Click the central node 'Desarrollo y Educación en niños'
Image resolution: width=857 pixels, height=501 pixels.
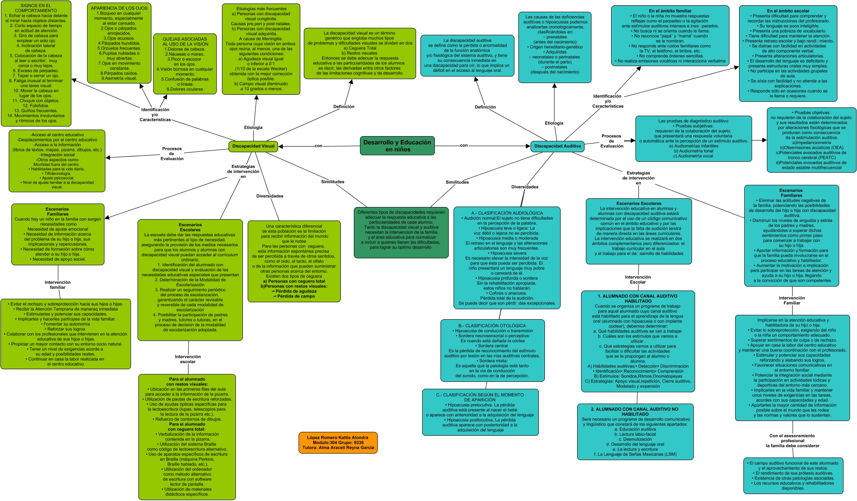point(397,146)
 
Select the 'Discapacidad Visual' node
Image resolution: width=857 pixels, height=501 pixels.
point(253,146)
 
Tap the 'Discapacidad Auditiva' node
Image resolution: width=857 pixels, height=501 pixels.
point(557,146)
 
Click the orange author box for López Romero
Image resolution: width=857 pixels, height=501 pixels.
point(338,443)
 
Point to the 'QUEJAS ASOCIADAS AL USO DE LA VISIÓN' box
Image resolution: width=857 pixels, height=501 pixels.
point(185,63)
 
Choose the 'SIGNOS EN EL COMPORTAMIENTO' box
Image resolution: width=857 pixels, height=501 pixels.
point(36,63)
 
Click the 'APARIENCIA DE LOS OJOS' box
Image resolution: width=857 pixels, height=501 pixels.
point(119,43)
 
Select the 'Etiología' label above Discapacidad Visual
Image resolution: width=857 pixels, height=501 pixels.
point(253,127)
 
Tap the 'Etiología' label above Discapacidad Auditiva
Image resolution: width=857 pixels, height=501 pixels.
point(554,123)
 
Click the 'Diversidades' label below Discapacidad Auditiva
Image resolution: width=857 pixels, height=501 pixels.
point(524,187)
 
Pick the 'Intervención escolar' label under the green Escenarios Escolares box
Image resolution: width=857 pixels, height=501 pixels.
point(188,359)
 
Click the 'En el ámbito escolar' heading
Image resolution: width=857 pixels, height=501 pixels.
point(788,11)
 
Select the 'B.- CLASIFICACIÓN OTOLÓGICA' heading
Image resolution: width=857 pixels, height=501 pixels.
point(492,326)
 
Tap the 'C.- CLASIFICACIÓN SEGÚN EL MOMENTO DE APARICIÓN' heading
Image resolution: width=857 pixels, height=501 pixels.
point(480,397)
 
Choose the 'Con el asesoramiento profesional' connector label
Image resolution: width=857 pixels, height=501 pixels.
point(792,441)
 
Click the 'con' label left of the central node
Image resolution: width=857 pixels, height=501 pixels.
point(319,146)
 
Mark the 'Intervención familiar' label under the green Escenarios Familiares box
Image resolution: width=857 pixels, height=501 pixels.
point(57,284)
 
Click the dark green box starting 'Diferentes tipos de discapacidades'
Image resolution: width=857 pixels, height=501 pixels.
point(401,232)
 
